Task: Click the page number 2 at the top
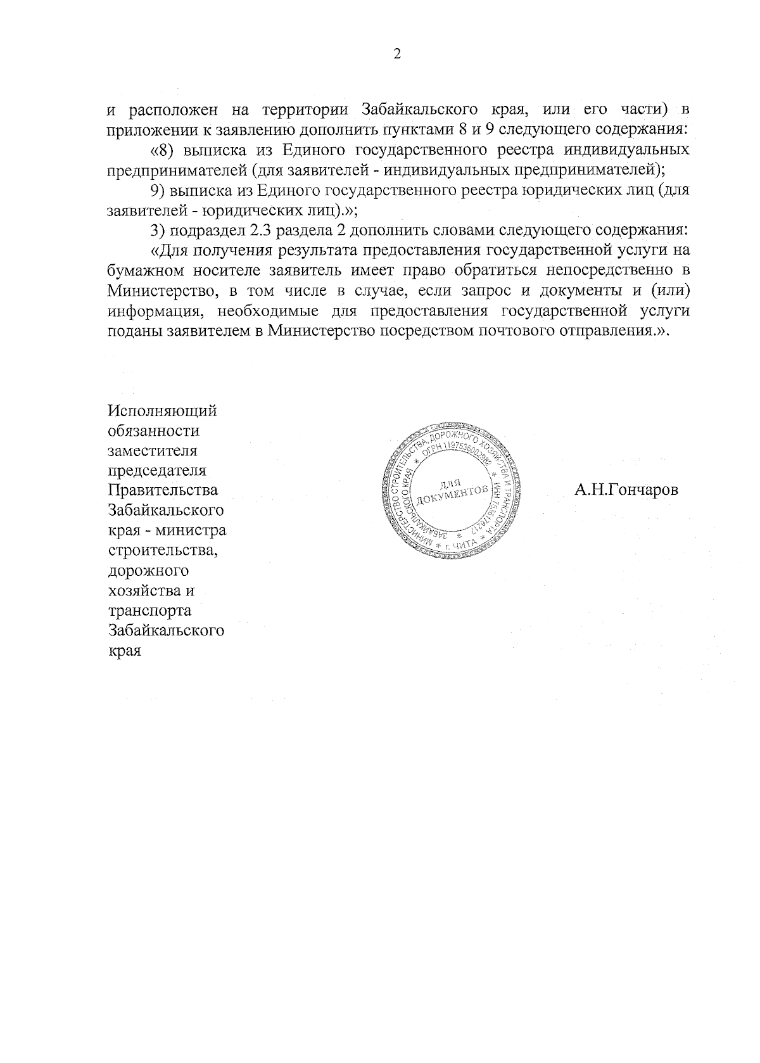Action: pos(397,54)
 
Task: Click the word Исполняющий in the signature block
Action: pos(163,411)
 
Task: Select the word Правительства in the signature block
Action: pos(163,490)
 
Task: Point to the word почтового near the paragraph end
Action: pos(490,331)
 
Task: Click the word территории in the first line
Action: pos(308,110)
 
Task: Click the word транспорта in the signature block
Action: pos(150,611)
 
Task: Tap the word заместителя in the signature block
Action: pos(153,451)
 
